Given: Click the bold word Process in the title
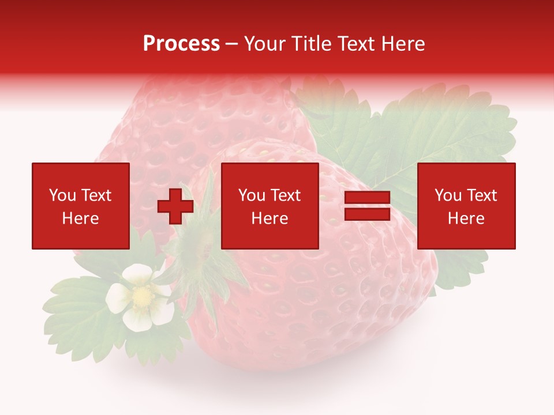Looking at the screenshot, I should [181, 44].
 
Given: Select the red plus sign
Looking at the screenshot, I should [175, 206].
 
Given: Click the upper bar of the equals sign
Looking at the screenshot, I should [368, 198].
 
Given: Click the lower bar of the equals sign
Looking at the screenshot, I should [368, 214].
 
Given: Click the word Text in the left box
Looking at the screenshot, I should [96, 195].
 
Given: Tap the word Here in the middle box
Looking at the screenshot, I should [270, 218].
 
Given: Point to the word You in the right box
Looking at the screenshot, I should [448, 195].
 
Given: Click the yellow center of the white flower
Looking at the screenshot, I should [140, 296].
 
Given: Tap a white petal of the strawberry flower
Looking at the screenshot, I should [136, 274].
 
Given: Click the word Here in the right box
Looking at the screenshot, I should [466, 218].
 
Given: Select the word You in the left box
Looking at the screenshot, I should [62, 195].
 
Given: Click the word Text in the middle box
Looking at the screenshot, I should [285, 195].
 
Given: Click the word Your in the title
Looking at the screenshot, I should [264, 44].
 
